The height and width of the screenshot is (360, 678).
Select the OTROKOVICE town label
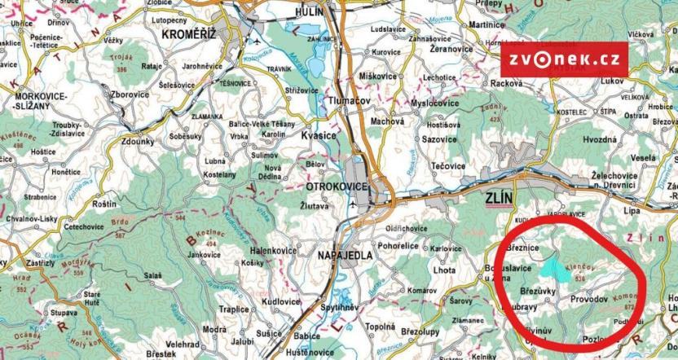coord(337,187)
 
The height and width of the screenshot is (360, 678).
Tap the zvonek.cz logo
coord(565,59)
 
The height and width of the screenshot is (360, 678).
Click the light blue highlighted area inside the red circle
coord(553,266)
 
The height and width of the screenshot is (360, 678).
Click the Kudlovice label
coord(282,301)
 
